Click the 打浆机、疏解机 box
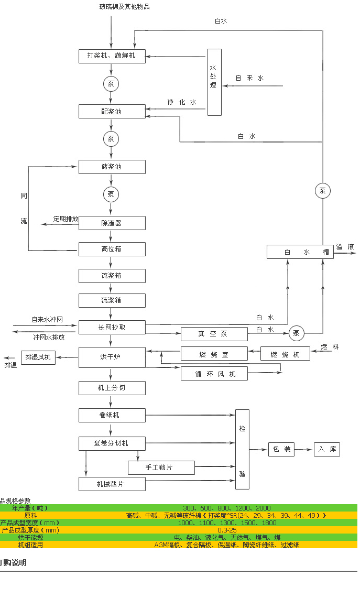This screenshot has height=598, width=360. pyautogui.click(x=112, y=56)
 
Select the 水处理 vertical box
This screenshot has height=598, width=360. pyautogui.click(x=214, y=82)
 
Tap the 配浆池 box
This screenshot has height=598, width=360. pyautogui.click(x=112, y=111)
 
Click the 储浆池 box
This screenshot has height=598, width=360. pyautogui.click(x=112, y=167)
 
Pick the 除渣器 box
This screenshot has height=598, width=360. pyautogui.click(x=112, y=223)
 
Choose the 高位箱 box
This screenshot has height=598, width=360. pyautogui.click(x=112, y=249)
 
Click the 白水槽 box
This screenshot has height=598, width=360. pyautogui.click(x=300, y=252)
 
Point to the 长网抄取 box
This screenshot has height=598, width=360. pyautogui.click(x=112, y=328)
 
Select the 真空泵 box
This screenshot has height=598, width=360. pyautogui.click(x=214, y=334)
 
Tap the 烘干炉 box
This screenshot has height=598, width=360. pyautogui.click(x=112, y=357)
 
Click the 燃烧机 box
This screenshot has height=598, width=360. pyautogui.click(x=285, y=354)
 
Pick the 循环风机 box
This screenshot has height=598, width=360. pyautogui.click(x=214, y=374)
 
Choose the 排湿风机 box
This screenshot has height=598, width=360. pyautogui.click(x=38, y=357)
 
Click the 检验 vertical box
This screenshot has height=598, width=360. pyautogui.click(x=242, y=449)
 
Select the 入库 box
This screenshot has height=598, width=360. pyautogui.click(x=327, y=449)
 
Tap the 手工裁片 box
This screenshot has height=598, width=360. pyautogui.click(x=161, y=467)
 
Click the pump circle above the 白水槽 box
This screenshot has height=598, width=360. pyautogui.click(x=322, y=191)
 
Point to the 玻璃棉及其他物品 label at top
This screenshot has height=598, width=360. pyautogui.click(x=124, y=7)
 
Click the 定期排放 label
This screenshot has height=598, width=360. pyautogui.click(x=66, y=219)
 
